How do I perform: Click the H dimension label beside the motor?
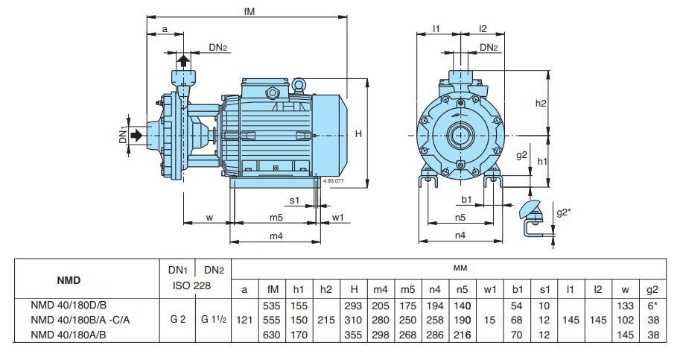(358, 133)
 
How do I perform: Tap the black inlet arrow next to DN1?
(139, 135)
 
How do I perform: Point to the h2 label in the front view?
(541, 103)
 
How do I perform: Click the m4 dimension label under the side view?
(276, 236)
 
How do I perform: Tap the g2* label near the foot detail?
(564, 212)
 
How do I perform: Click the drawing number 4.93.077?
(333, 180)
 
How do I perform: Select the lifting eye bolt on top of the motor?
(298, 86)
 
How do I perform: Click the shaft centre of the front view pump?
(460, 136)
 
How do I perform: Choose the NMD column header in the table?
(69, 281)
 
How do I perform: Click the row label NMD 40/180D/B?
(69, 306)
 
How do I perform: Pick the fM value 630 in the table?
(273, 335)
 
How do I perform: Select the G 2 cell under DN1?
(177, 320)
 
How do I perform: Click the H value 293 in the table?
(353, 306)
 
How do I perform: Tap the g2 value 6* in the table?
(652, 306)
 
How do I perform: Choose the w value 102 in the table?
(626, 320)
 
